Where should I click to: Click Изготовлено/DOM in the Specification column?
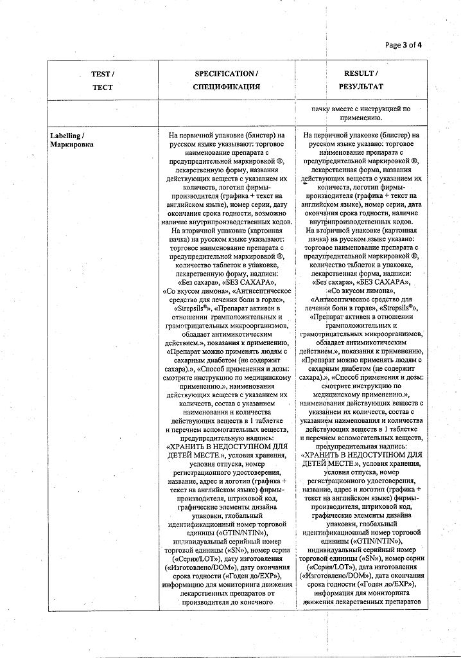196,568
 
